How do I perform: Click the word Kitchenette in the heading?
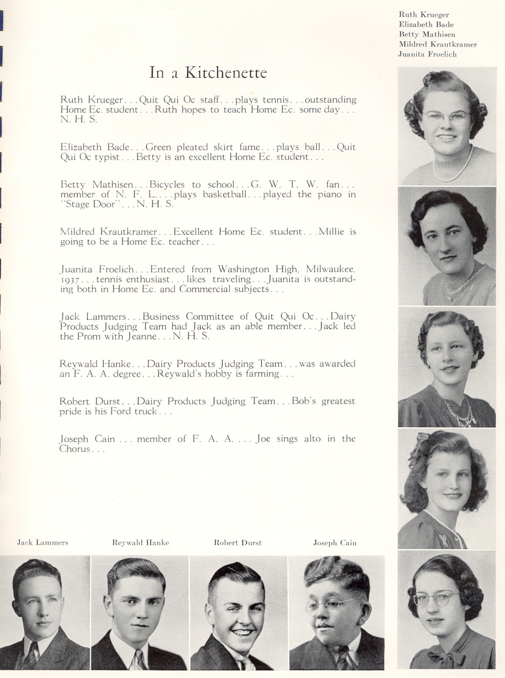point(226,73)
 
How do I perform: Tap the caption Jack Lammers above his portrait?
point(42,543)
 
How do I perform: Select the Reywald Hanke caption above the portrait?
point(140,543)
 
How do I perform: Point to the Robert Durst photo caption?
point(238,543)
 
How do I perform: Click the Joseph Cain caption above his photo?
point(335,543)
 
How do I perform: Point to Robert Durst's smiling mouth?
point(243,633)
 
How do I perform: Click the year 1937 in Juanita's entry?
point(70,280)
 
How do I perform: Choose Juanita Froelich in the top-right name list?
point(427,55)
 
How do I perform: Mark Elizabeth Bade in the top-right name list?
point(426,24)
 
